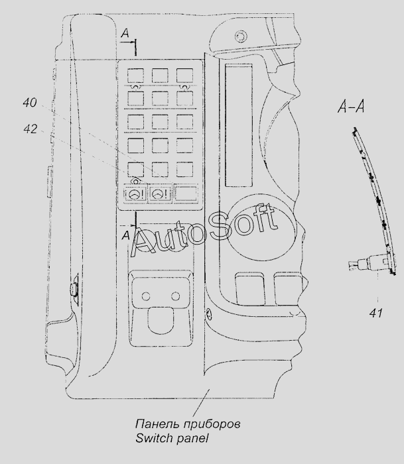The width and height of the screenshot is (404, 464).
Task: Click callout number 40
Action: point(30,103)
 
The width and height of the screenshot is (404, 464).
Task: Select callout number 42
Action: point(31,129)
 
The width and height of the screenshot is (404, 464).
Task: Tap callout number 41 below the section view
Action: point(376,313)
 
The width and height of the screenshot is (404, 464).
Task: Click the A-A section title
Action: point(352,107)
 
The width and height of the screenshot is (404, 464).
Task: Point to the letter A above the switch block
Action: point(125,33)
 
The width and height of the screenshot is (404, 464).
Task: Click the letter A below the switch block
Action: point(126,235)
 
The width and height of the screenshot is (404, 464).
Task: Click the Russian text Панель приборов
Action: point(188,424)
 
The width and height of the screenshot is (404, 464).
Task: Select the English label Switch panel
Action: point(172,438)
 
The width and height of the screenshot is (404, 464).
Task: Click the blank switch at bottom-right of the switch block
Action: point(186,194)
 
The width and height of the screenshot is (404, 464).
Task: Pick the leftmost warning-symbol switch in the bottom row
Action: point(135,194)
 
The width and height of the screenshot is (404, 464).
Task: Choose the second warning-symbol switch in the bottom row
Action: point(161,194)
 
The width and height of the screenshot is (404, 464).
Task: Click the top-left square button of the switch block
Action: point(135,76)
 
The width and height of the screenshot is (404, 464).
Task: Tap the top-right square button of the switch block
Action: point(185,76)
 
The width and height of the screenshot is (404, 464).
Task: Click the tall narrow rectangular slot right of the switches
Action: point(239,125)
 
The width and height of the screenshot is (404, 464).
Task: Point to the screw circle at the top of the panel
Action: point(241,36)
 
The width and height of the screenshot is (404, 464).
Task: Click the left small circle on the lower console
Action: point(146,296)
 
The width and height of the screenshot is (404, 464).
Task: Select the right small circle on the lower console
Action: point(175,296)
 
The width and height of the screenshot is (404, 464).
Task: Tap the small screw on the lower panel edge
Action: point(208,314)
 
